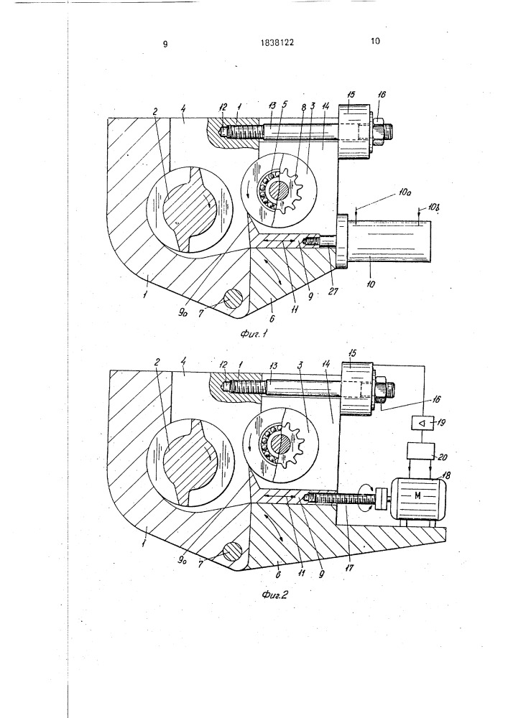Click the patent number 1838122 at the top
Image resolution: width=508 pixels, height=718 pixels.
point(277,42)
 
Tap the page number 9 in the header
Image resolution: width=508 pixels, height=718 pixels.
point(165,44)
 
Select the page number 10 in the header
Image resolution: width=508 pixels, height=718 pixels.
point(375,41)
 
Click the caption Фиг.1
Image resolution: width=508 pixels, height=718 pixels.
point(254,334)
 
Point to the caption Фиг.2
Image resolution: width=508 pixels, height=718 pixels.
point(274,595)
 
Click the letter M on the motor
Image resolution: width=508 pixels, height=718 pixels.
point(417,495)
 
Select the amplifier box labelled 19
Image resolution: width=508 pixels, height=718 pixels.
point(422,423)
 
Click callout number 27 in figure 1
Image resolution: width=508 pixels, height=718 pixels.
point(333,291)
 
